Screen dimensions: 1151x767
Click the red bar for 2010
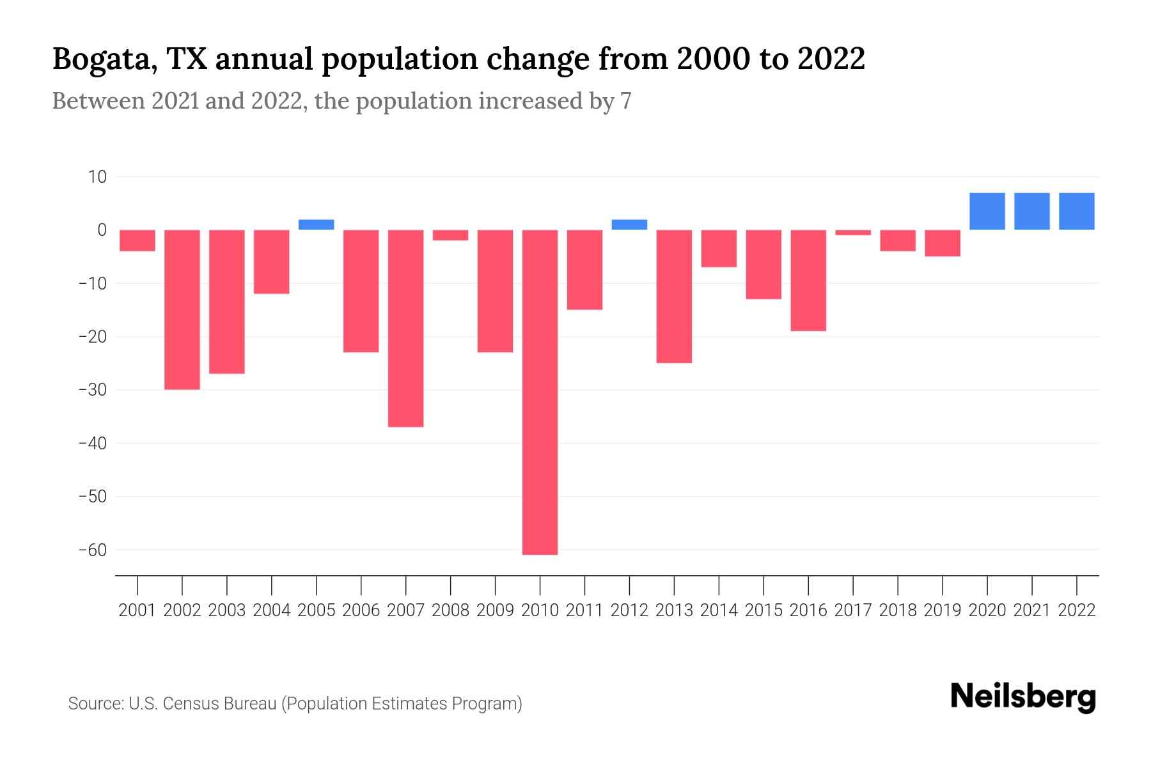tap(540, 392)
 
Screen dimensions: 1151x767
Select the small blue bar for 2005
tap(317, 224)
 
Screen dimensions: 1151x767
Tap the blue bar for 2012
tap(629, 224)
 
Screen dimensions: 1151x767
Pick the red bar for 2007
tap(405, 328)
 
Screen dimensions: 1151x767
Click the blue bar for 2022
tap(1077, 211)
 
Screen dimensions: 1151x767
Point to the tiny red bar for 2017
tap(853, 233)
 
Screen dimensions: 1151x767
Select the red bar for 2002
tap(182, 309)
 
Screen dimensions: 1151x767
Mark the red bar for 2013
tap(674, 296)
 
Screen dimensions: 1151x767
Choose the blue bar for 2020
tap(987, 211)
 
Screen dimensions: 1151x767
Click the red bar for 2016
tap(808, 280)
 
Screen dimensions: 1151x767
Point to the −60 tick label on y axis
tap(92, 550)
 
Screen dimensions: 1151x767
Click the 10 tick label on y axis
tap(97, 177)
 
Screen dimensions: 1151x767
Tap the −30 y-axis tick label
tap(92, 390)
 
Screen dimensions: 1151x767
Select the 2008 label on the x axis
tap(450, 610)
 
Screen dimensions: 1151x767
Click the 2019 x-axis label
tap(943, 610)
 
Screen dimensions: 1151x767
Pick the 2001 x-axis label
tap(137, 610)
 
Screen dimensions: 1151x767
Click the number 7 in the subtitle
tap(625, 101)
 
